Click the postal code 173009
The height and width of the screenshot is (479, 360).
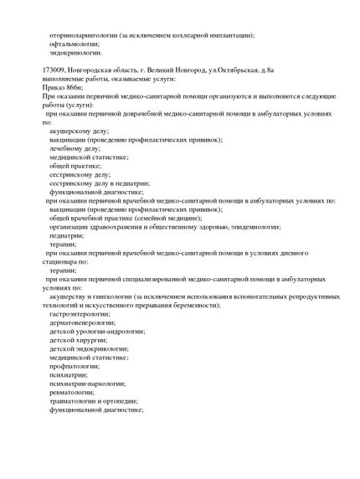click(x=53, y=70)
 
